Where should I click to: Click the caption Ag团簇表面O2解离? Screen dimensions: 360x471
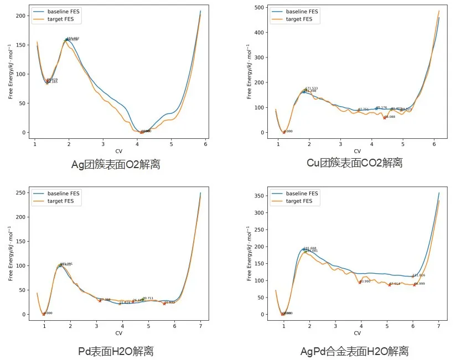[116, 164]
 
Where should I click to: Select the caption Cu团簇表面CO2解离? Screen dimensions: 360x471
[355, 163]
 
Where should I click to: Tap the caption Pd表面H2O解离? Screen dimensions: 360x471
[116, 351]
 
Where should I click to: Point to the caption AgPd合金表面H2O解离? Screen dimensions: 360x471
[354, 351]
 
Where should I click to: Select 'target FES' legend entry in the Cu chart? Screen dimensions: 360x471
[299, 19]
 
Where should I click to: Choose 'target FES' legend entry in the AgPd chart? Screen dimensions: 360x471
[299, 201]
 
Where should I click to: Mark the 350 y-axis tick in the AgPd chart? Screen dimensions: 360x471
[260, 196]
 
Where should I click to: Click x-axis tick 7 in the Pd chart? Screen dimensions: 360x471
[200, 326]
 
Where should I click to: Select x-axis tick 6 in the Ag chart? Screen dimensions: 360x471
[205, 144]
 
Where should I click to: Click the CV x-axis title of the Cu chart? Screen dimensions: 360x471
[357, 152]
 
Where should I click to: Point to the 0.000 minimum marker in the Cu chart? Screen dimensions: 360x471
[284, 132]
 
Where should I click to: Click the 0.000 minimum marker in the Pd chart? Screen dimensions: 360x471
[44, 314]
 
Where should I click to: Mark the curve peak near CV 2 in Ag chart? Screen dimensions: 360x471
[66, 40]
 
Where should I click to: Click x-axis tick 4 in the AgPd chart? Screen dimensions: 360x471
[361, 326]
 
